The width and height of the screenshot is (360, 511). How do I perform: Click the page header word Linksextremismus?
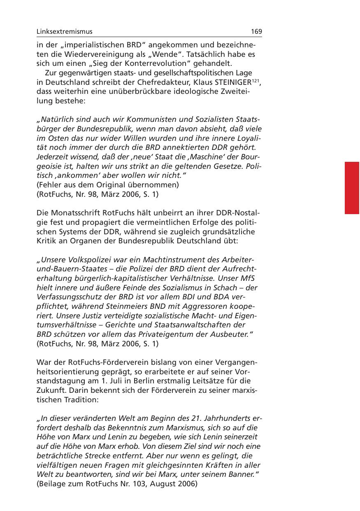click(65, 32)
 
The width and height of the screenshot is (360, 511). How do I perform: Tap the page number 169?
click(256, 32)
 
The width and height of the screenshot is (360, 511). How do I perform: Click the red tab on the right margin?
click(352, 188)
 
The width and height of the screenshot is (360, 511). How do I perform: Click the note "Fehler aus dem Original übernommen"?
click(107, 185)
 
